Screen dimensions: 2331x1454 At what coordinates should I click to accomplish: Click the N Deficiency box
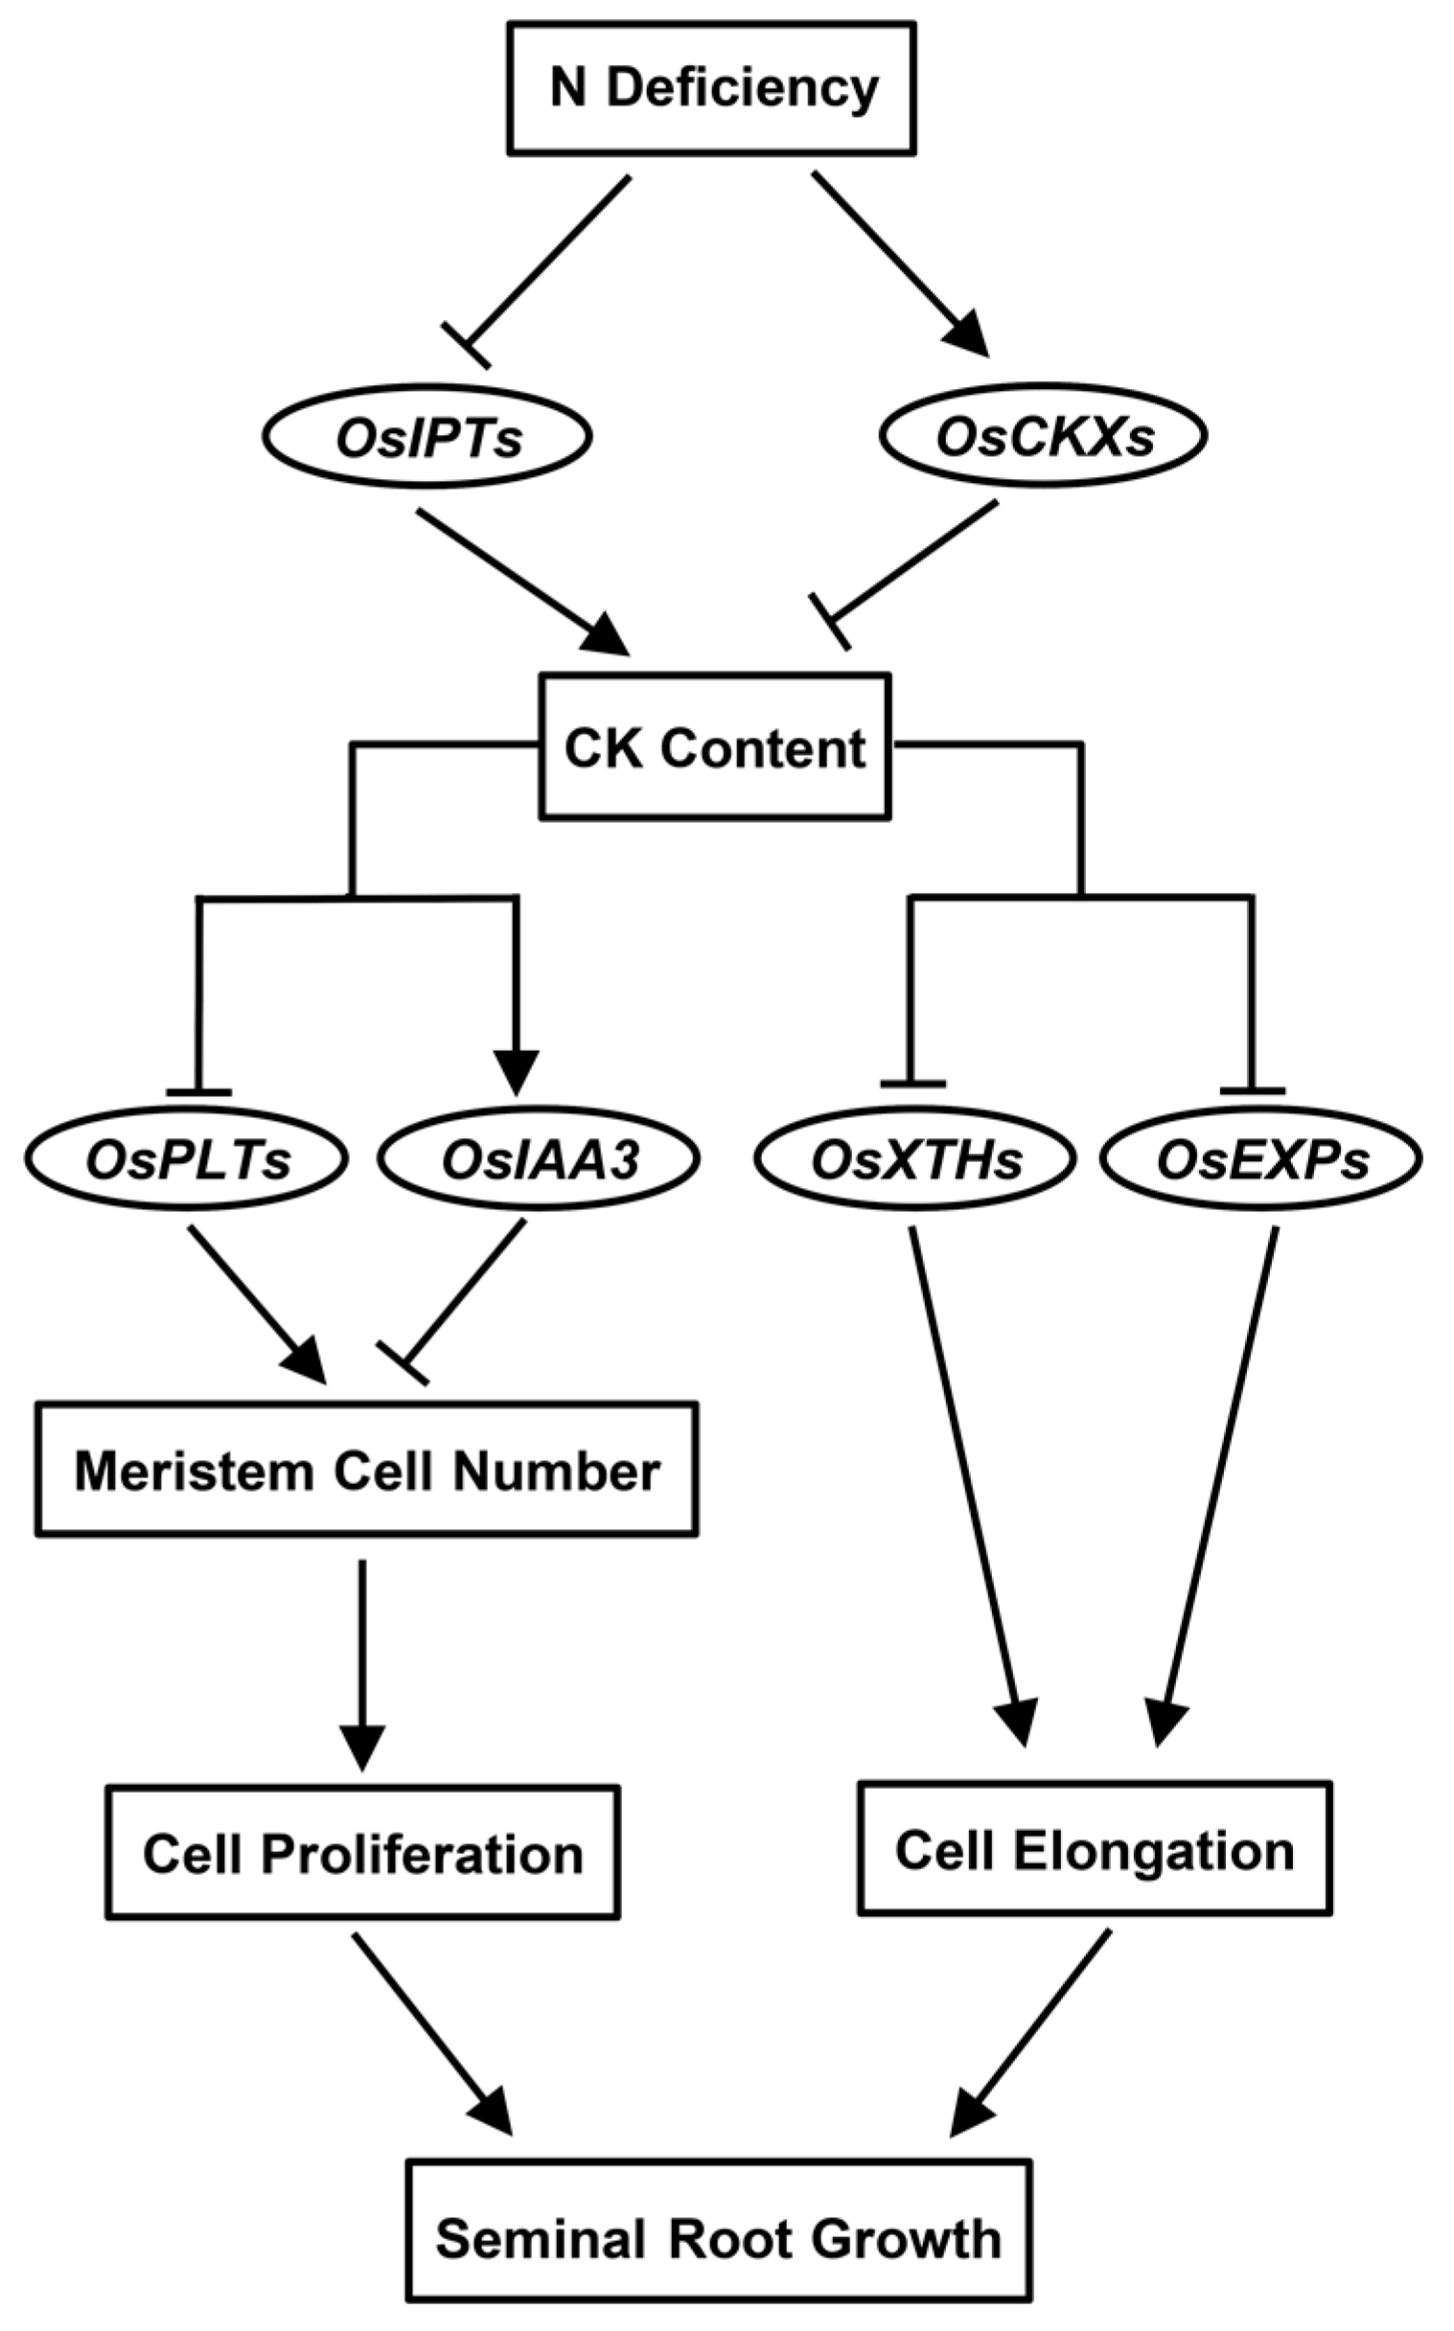(711, 88)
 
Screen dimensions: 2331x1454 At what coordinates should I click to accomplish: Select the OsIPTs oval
(427, 438)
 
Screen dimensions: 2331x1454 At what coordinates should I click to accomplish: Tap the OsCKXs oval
(1044, 438)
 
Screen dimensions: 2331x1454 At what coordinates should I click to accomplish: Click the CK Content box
(714, 747)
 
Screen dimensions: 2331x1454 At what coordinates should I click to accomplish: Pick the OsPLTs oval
(188, 1160)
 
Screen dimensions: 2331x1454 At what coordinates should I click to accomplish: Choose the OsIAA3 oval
(540, 1160)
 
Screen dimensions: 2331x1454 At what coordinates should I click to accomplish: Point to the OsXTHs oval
(915, 1160)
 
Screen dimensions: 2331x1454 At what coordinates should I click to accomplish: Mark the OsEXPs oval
(1260, 1160)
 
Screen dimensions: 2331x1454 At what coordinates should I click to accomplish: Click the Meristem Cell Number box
(366, 1470)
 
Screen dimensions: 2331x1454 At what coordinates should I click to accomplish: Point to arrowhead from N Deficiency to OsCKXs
(968, 336)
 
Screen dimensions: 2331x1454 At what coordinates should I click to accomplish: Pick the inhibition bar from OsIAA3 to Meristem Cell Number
(403, 1363)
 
